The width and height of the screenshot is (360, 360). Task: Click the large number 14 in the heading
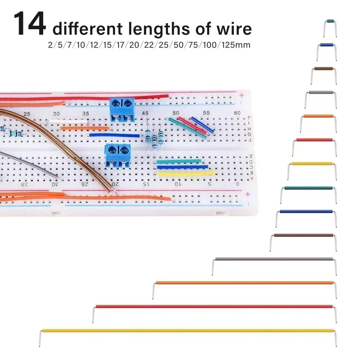tap(30, 24)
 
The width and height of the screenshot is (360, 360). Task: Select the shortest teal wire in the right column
tap(330, 21)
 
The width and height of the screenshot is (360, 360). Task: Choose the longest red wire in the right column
tap(214, 307)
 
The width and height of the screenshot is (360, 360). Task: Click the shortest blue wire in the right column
tap(327, 45)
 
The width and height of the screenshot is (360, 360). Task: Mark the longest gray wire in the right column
tap(274, 259)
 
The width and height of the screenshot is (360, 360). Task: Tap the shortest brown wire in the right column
tap(324, 68)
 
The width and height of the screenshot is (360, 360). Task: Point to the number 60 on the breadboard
tap(237, 113)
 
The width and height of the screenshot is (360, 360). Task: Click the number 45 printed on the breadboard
tap(145, 113)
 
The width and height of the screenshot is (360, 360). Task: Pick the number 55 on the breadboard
tap(206, 113)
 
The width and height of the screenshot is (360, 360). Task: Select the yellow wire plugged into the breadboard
tap(186, 174)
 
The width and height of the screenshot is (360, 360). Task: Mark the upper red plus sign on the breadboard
tap(242, 95)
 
